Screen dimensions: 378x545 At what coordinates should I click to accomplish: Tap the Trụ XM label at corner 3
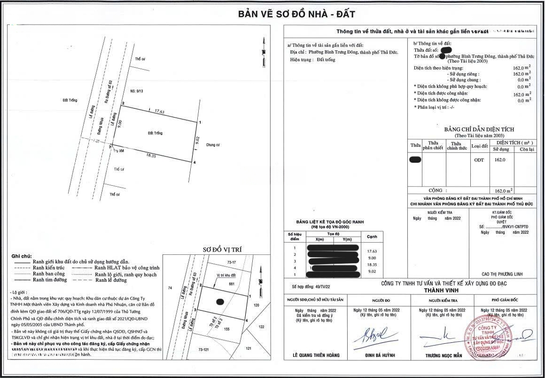120,150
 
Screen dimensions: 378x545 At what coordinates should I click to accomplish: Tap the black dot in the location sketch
220,302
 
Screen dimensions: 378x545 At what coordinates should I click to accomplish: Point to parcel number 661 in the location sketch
232,284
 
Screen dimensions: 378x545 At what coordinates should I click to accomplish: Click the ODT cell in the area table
479,160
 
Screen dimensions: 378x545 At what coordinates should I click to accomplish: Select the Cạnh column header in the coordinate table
372,236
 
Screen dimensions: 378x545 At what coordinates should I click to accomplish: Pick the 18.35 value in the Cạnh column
372,264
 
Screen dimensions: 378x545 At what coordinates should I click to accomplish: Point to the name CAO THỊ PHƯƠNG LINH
502,274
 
